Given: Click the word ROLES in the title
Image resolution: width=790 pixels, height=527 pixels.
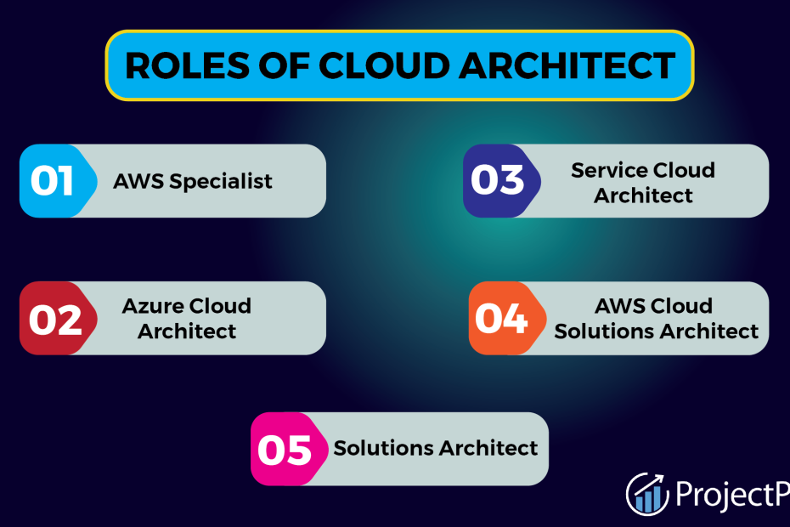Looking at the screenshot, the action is (187, 65).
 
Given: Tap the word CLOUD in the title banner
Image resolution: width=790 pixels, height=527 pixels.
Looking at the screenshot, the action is (385, 65).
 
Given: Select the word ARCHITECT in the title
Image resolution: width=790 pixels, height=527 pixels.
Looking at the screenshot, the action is (567, 65).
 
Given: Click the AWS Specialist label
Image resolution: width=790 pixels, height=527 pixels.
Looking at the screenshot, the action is (193, 182).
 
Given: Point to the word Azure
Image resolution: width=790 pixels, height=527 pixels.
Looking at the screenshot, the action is (153, 306).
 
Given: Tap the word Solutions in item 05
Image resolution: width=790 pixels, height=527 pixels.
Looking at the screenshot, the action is (383, 448).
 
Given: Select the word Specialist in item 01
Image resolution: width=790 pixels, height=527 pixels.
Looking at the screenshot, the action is (221, 182).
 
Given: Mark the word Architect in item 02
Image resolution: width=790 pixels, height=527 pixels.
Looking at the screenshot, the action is (187, 331).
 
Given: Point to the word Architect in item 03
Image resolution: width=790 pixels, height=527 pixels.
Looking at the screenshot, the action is (643, 195).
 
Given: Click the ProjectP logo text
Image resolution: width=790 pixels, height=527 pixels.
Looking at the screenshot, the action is (732, 494).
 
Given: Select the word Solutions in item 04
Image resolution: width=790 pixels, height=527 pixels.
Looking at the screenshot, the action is (604, 331).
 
